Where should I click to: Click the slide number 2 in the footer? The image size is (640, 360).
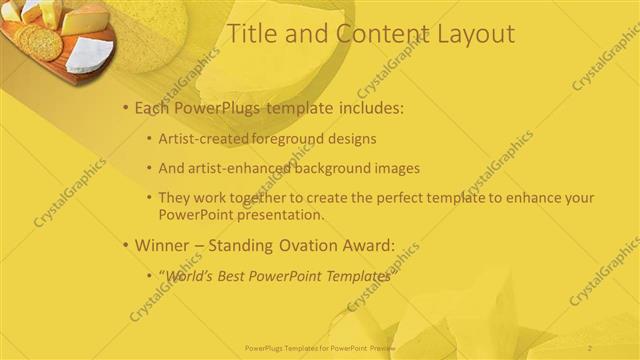pos(591,347)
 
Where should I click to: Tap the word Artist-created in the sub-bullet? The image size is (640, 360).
pos(201,139)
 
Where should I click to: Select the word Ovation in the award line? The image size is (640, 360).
pos(301,244)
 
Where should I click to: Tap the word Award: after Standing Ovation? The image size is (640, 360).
pos(366,244)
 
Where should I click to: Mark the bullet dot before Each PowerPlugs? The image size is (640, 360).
pos(125,108)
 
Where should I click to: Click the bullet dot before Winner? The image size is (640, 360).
pos(125,245)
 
